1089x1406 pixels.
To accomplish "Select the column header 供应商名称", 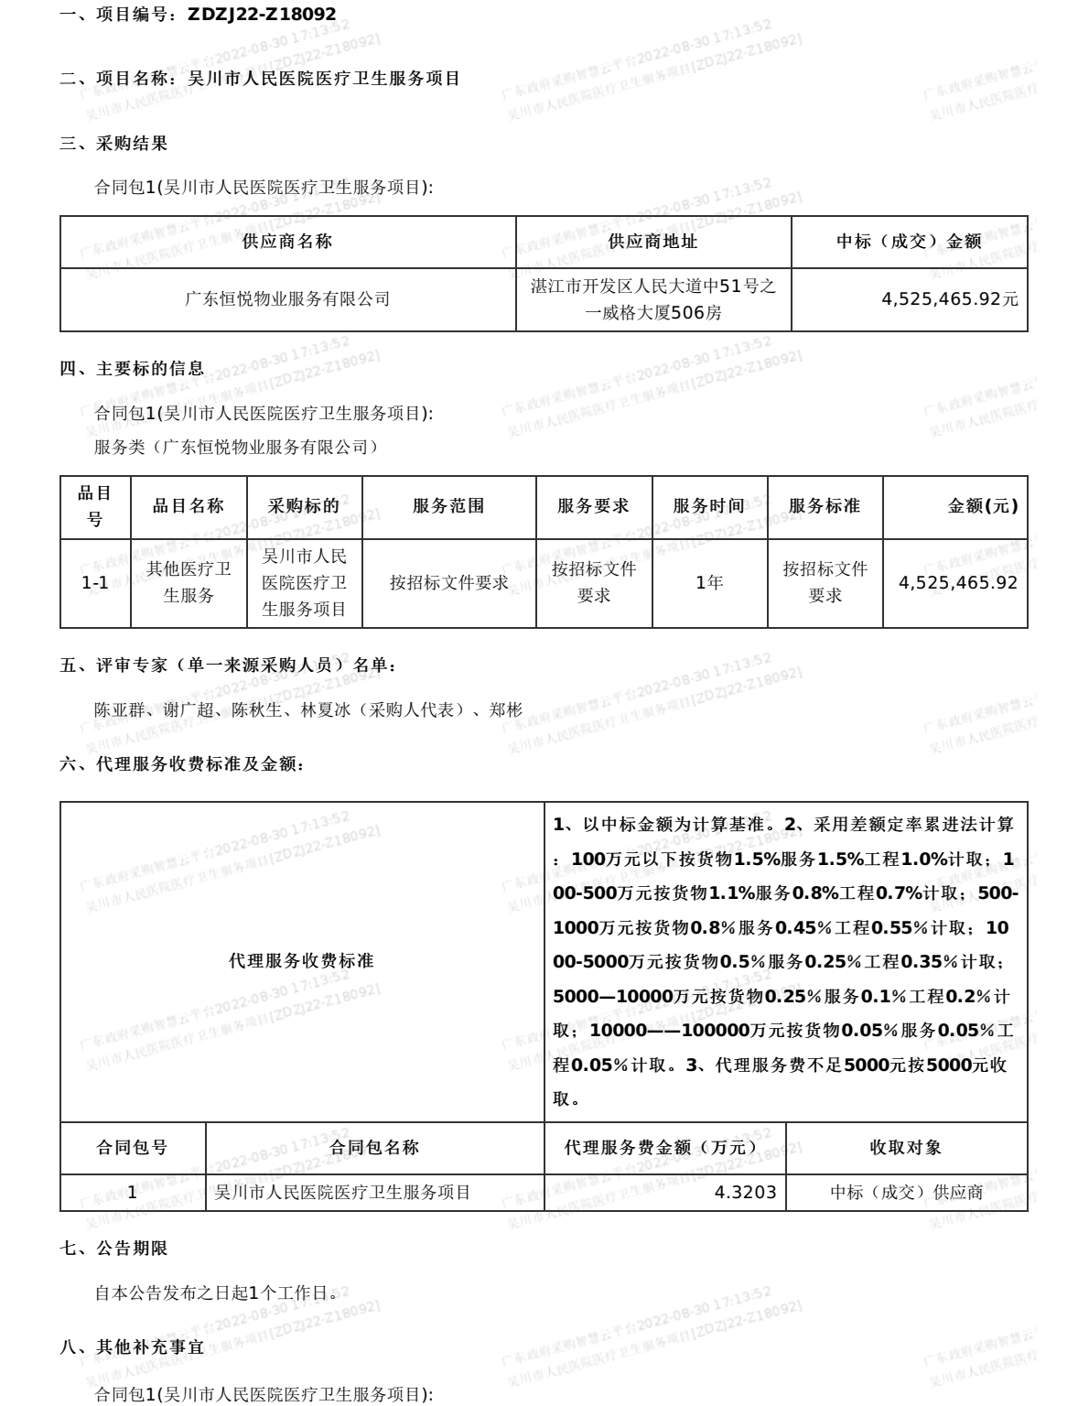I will pyautogui.click(x=287, y=242).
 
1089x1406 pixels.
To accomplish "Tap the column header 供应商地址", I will pyautogui.click(x=652, y=242).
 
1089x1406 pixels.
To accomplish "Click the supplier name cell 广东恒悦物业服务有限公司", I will pyautogui.click(x=287, y=299).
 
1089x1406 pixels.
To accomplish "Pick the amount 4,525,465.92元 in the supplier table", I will pyautogui.click(x=949, y=299).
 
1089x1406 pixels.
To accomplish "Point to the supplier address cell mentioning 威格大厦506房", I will pyautogui.click(x=653, y=312).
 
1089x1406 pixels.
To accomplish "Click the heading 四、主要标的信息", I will pyautogui.click(x=132, y=369).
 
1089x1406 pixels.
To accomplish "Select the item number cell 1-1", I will pyautogui.click(x=95, y=583).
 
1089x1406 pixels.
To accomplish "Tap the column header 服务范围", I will pyautogui.click(x=448, y=506).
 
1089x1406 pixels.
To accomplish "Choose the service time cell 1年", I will pyautogui.click(x=709, y=583).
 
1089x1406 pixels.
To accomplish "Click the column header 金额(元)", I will pyautogui.click(x=982, y=506).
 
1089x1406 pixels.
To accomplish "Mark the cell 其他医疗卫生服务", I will pyautogui.click(x=189, y=583).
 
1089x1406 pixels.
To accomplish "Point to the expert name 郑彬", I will pyautogui.click(x=506, y=709).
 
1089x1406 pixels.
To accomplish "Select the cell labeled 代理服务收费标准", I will pyautogui.click(x=301, y=961).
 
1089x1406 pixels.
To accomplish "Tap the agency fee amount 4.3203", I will pyautogui.click(x=745, y=1193).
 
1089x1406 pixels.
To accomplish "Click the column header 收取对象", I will pyautogui.click(x=905, y=1148).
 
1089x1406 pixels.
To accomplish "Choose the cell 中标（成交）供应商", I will pyautogui.click(x=906, y=1193).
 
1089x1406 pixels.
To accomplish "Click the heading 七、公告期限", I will pyautogui.click(x=113, y=1249).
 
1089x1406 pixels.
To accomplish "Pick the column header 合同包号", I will pyautogui.click(x=133, y=1148).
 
